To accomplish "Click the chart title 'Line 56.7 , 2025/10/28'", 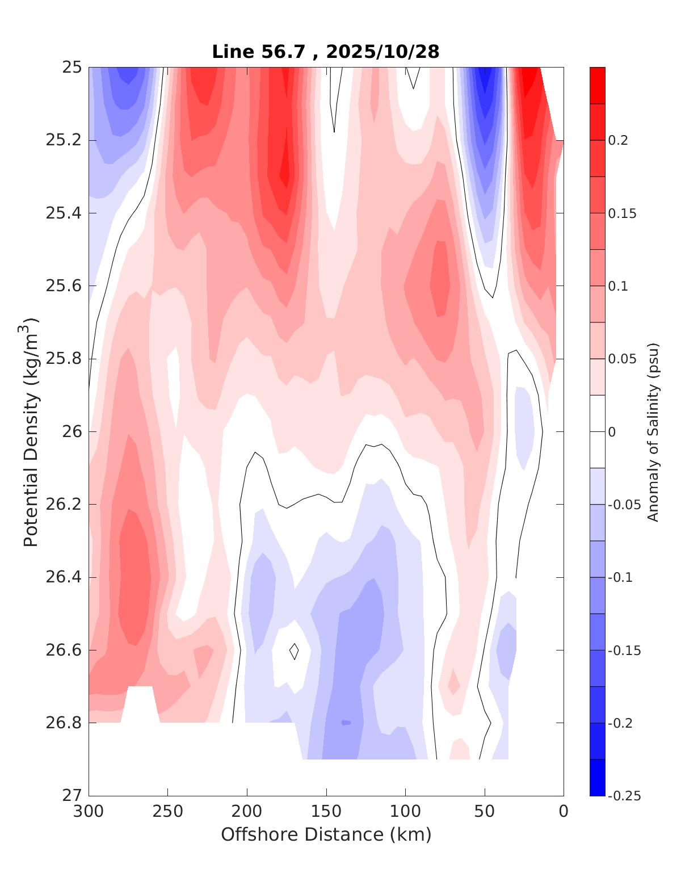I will [x=326, y=52].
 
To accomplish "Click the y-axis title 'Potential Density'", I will [x=31, y=432].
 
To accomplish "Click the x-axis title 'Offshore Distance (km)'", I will [x=326, y=834].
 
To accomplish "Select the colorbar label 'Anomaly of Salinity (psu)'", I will [x=653, y=432].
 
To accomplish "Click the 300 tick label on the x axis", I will [x=89, y=811].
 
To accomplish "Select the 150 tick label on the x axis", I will [x=326, y=811].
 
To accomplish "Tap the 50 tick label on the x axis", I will [x=485, y=811].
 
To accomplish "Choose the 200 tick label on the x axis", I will [x=247, y=811].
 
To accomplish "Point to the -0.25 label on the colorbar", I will [x=624, y=796].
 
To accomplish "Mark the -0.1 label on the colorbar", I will [x=620, y=577].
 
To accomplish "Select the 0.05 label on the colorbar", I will [x=621, y=359].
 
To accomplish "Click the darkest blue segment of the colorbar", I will [x=598, y=777].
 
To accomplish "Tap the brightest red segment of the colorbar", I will [x=598, y=85].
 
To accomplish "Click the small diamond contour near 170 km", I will [x=294, y=651].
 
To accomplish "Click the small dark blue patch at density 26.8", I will [x=346, y=723].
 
